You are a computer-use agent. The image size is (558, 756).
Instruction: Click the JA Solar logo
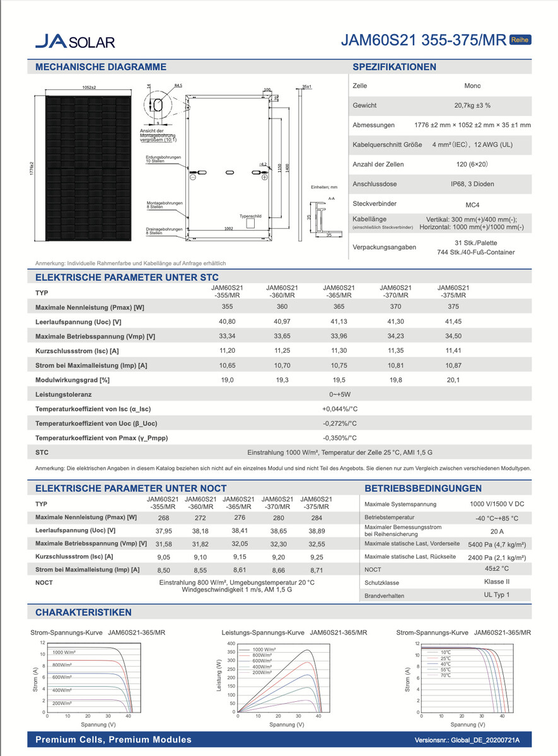click(x=75, y=42)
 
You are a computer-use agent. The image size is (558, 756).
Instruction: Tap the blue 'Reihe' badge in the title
click(x=520, y=39)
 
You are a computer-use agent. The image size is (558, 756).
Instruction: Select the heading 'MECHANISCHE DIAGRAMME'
click(x=101, y=67)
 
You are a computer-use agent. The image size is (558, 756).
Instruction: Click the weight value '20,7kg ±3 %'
click(x=472, y=105)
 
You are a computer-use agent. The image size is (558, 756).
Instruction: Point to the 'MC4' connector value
click(x=472, y=205)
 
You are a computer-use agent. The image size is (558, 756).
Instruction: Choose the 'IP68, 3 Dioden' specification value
click(x=472, y=184)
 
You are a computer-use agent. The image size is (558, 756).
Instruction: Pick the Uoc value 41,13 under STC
click(x=339, y=321)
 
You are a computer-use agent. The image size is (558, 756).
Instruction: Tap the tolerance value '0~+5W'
click(x=340, y=394)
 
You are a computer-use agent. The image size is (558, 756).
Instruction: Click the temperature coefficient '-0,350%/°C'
click(x=340, y=438)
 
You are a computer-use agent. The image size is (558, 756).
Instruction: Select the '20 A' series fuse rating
click(x=497, y=531)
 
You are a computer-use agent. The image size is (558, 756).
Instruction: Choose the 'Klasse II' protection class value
click(x=497, y=582)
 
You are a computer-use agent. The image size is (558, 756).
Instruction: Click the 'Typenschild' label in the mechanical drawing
click(x=250, y=215)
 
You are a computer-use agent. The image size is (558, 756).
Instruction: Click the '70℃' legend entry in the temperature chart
click(x=446, y=675)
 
